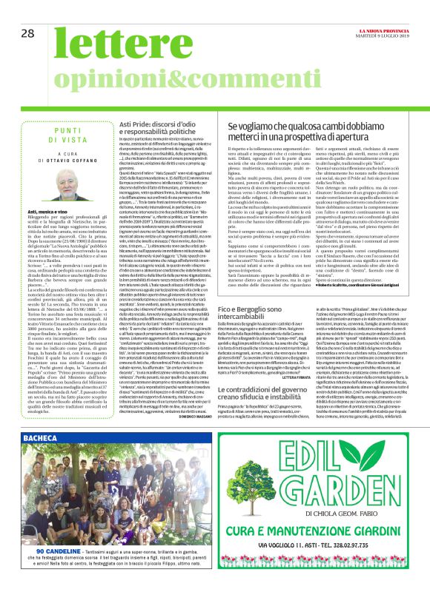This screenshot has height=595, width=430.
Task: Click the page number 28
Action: tap(28, 33)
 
